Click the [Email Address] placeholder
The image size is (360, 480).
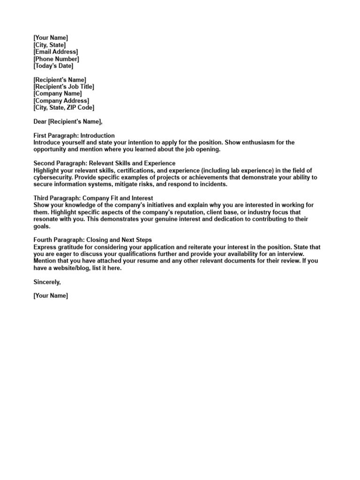pos(56,52)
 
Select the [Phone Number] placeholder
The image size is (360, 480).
pos(56,59)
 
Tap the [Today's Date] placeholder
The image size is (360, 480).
pos(53,66)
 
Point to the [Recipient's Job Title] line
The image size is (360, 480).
pos(64,87)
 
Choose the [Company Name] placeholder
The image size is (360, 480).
pos(57,94)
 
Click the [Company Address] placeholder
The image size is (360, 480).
pos(61,101)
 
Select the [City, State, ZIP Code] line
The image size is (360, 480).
pos(64,107)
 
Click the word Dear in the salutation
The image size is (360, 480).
pos(40,121)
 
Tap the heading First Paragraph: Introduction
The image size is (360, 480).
pos(74,135)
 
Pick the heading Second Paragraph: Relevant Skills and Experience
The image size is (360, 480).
pos(105,163)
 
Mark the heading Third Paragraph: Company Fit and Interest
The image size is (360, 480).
pos(93,198)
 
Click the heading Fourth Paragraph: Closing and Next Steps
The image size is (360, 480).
pos(93,240)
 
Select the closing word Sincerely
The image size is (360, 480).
pos(47,282)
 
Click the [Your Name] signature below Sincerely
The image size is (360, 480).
pos(51,296)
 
